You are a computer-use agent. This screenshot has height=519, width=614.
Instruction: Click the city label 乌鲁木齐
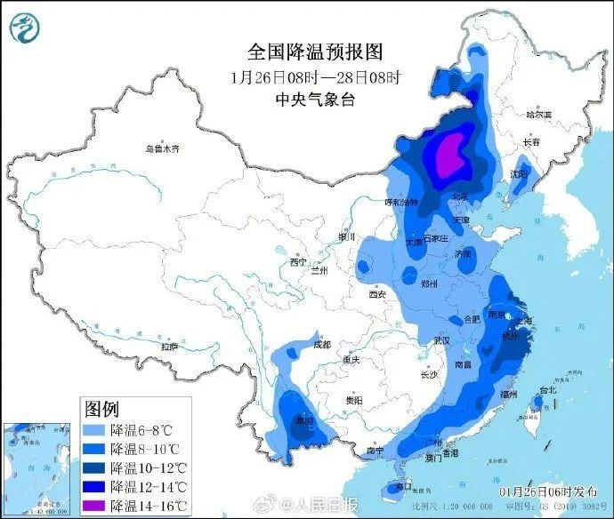click(168, 148)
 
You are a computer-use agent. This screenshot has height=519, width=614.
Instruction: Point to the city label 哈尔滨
click(538, 115)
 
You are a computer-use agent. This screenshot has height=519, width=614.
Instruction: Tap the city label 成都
click(321, 343)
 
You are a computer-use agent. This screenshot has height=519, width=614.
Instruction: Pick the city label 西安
click(376, 293)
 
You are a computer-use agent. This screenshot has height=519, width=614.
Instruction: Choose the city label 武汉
click(442, 340)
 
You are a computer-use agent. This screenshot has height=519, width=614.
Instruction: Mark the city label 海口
click(403, 486)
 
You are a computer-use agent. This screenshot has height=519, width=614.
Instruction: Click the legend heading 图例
click(101, 409)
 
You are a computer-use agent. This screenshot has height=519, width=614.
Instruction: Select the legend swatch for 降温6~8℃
click(94, 430)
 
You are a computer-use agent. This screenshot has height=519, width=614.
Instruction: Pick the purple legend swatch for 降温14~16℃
click(94, 507)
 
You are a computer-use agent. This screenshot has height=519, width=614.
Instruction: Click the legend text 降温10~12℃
click(149, 468)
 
